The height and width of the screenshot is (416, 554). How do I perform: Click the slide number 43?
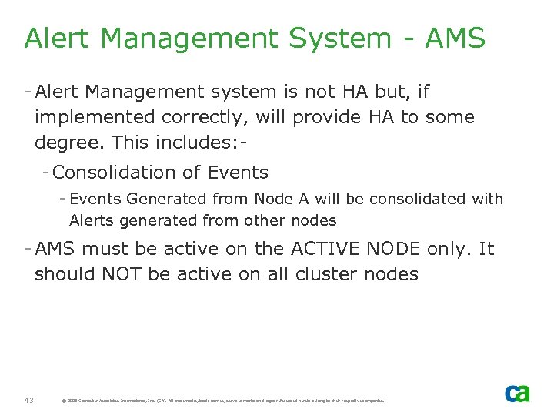(28, 400)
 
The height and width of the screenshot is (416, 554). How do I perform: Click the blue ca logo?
(517, 393)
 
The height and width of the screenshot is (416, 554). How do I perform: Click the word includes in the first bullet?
(193, 143)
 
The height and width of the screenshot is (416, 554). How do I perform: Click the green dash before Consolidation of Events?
(47, 173)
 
